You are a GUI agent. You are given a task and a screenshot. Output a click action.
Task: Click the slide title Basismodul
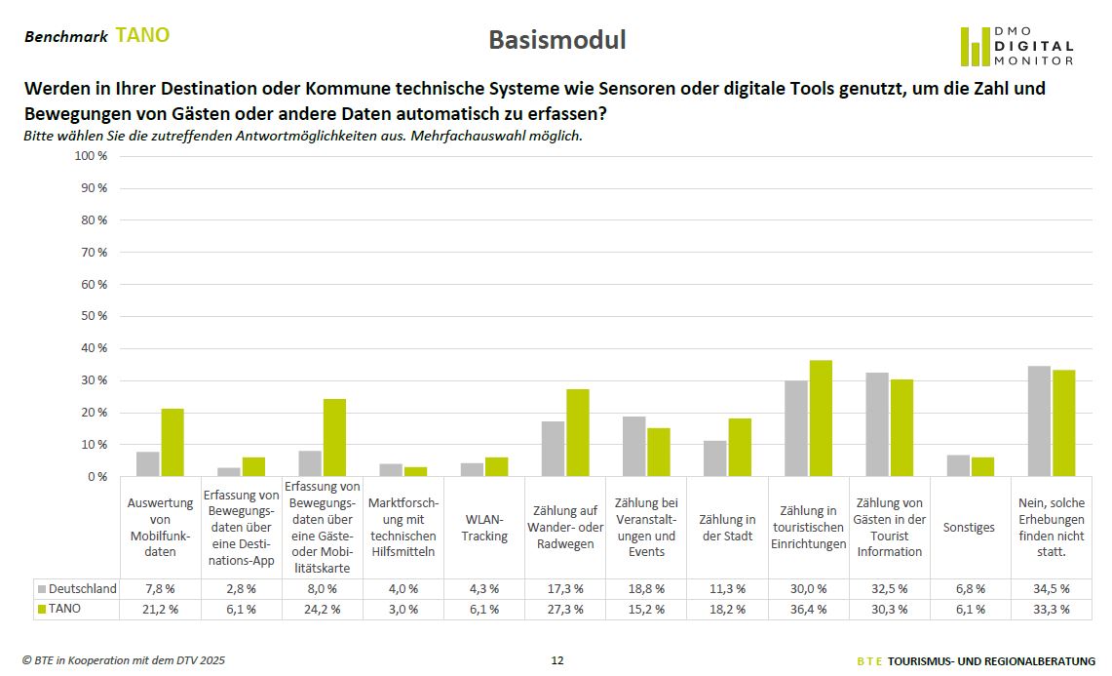point(556,40)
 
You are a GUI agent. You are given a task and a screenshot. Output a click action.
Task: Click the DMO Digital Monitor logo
point(1016,46)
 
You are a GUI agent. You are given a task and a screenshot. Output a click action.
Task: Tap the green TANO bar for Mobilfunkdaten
point(173,443)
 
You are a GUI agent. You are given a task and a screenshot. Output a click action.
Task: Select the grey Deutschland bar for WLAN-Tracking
point(472,469)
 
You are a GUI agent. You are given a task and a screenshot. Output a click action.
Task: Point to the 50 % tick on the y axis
point(95,316)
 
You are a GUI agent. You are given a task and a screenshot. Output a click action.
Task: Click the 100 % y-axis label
point(92,156)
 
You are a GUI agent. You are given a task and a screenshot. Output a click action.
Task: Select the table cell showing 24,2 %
point(322,609)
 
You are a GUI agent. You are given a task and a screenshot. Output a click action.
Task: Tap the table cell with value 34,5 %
point(1051,588)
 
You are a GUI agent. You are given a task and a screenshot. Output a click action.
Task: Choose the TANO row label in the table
point(66,609)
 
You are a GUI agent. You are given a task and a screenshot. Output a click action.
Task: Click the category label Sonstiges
point(969,527)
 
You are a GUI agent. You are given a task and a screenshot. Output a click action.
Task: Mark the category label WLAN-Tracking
point(484,528)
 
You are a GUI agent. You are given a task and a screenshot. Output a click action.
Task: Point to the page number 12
point(556,660)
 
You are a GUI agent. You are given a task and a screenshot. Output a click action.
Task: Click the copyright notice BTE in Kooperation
point(124,660)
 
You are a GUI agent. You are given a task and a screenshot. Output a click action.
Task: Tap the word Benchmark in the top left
point(65,37)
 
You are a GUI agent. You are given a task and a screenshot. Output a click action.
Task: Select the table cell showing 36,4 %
point(808,609)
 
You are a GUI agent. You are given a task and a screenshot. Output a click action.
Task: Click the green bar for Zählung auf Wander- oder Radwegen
point(578,433)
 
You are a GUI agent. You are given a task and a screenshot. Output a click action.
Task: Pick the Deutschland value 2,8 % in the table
point(241,588)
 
